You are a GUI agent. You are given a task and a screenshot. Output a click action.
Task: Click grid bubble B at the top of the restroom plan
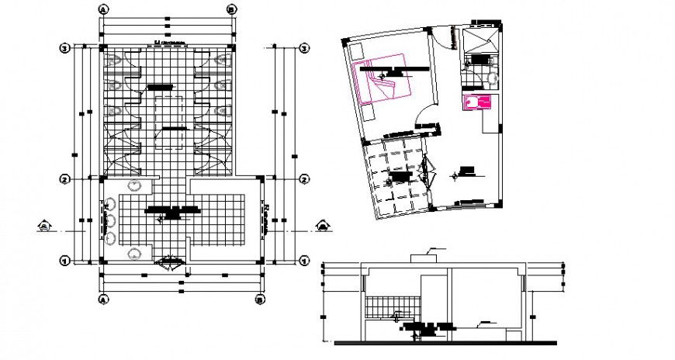(230, 10)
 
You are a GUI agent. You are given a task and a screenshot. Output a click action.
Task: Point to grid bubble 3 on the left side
(66, 48)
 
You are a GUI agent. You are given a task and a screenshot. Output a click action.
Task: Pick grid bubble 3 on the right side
(304, 48)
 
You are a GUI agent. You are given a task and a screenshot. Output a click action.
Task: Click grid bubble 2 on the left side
(66, 179)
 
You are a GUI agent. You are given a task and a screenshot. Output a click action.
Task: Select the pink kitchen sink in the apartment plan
(476, 102)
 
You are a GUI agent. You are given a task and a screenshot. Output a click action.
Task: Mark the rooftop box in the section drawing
(424, 254)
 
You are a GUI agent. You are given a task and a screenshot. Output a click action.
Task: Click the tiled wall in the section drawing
(392, 306)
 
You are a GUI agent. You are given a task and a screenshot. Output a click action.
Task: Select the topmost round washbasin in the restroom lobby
(137, 185)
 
